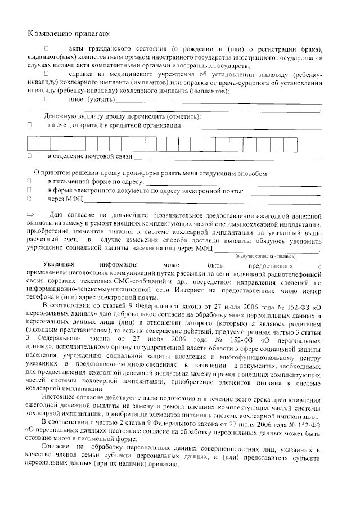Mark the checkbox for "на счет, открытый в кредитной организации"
[x=29, y=125]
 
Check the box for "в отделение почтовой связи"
[x=29, y=155]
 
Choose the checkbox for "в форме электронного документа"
[x=29, y=190]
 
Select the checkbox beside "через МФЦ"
[x=29, y=199]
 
